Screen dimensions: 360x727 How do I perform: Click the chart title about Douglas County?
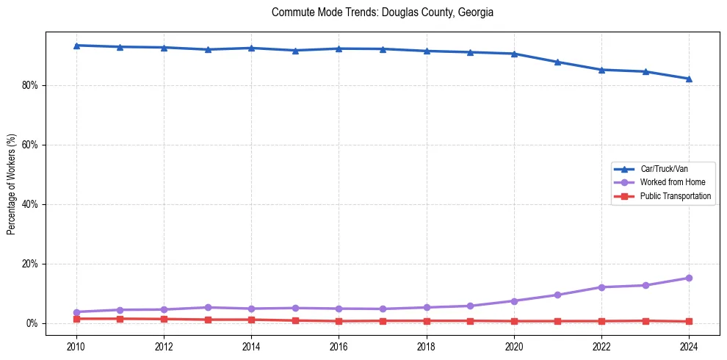coord(382,12)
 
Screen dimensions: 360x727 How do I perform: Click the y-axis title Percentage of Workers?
coord(12,184)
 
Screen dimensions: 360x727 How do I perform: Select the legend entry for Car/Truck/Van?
coord(664,169)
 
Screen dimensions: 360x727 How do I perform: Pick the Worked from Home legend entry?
coord(673,182)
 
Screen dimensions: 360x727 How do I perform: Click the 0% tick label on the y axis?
coord(32,323)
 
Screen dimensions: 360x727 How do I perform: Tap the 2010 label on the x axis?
coord(76,345)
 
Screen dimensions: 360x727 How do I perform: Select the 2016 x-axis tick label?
coord(339,345)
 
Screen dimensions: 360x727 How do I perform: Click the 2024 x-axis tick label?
coord(689,345)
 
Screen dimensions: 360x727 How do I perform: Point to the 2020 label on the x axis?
coord(514,345)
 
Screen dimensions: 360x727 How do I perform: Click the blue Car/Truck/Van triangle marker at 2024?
coord(689,79)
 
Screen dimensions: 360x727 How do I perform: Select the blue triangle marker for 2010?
coord(76,46)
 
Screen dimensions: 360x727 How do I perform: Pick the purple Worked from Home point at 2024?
coord(689,278)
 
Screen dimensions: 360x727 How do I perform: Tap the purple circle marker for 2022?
coord(601,287)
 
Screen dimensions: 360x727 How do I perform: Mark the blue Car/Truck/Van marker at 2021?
coord(557,62)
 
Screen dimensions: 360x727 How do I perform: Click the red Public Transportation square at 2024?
coord(689,321)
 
